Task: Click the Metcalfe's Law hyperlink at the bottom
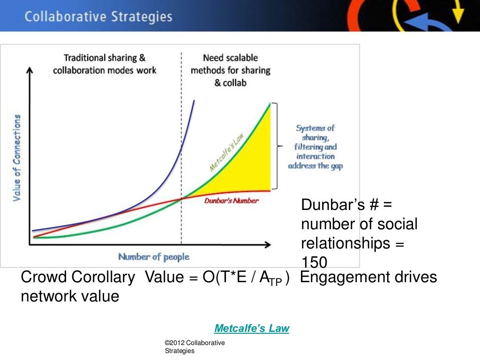(252, 329)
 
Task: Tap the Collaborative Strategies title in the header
(98, 17)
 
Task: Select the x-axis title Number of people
(154, 257)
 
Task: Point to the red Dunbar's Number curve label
(232, 201)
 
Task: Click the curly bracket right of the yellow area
(278, 146)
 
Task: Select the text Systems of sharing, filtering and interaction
(315, 147)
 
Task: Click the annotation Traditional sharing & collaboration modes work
(105, 64)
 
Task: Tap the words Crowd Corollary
(78, 277)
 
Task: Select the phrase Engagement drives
(368, 277)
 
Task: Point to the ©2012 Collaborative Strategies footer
(195, 347)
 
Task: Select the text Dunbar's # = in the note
(346, 205)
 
